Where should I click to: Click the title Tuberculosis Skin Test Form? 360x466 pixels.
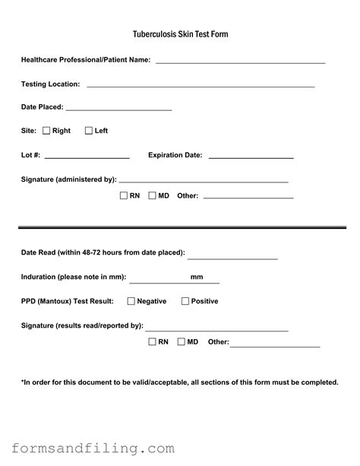click(180, 35)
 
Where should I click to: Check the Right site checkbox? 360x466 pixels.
click(46, 131)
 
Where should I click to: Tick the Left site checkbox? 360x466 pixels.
click(89, 131)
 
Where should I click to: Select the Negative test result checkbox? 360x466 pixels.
click(131, 301)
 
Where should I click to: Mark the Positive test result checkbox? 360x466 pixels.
click(185, 301)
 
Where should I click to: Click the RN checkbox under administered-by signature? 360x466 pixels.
click(124, 195)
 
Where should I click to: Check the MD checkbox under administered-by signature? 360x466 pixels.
click(153, 195)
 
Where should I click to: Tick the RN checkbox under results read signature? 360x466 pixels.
click(153, 342)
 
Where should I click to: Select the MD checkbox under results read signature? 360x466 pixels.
click(182, 342)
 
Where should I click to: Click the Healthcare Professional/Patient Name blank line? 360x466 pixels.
click(240, 61)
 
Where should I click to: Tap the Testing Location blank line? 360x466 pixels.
click(201, 85)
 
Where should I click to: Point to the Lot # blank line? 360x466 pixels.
click(87, 157)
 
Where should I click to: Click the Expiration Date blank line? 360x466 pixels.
click(251, 157)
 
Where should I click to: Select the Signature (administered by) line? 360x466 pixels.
click(204, 182)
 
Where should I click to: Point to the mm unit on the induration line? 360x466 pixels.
click(197, 277)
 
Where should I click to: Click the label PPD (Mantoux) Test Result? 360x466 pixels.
click(68, 302)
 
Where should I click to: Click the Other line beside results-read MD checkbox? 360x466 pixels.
click(275, 346)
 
